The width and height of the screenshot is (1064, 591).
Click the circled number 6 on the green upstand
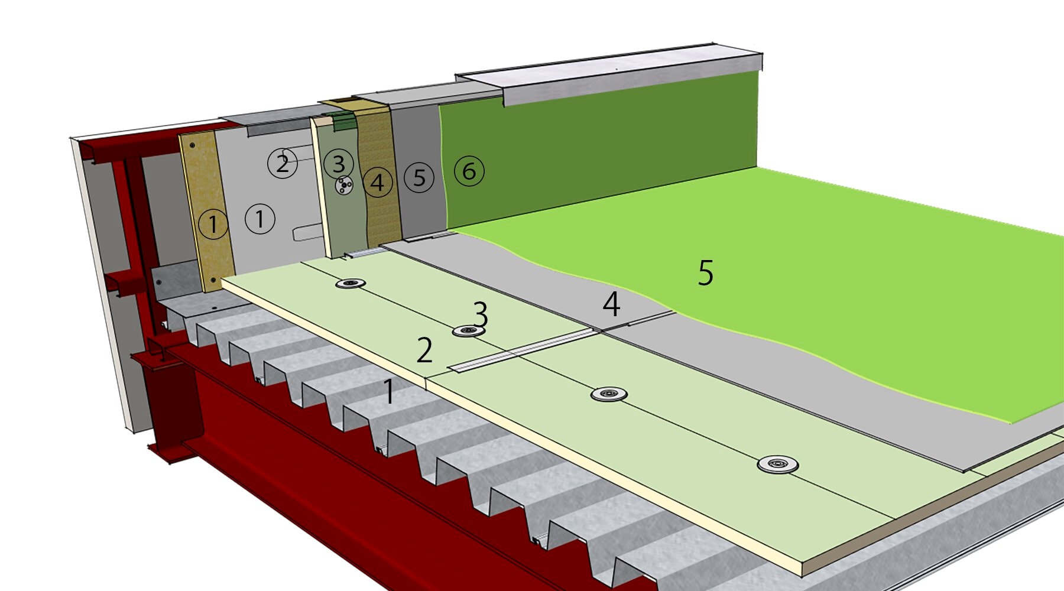coord(469,171)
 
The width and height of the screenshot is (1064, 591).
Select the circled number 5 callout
coord(419,177)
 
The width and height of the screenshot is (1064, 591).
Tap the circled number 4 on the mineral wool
coord(377,183)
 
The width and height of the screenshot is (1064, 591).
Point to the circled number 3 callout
coord(339,164)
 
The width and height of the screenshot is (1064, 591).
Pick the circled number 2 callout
coord(283,163)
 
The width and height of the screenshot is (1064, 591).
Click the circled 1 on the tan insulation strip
coord(213,224)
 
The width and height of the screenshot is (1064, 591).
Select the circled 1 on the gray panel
coord(259,219)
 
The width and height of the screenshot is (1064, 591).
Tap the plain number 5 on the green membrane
coord(705,272)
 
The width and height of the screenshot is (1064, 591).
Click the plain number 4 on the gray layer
coord(611,304)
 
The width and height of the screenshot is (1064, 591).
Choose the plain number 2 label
coord(424,350)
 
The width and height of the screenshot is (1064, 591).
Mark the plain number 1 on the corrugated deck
coord(388,391)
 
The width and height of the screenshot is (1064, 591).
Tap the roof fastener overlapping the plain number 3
coord(468,331)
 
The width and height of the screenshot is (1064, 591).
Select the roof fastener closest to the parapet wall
coord(350,284)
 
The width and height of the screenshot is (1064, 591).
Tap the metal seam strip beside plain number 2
coord(520,351)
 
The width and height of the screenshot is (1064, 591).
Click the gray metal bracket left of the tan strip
coord(174,281)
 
